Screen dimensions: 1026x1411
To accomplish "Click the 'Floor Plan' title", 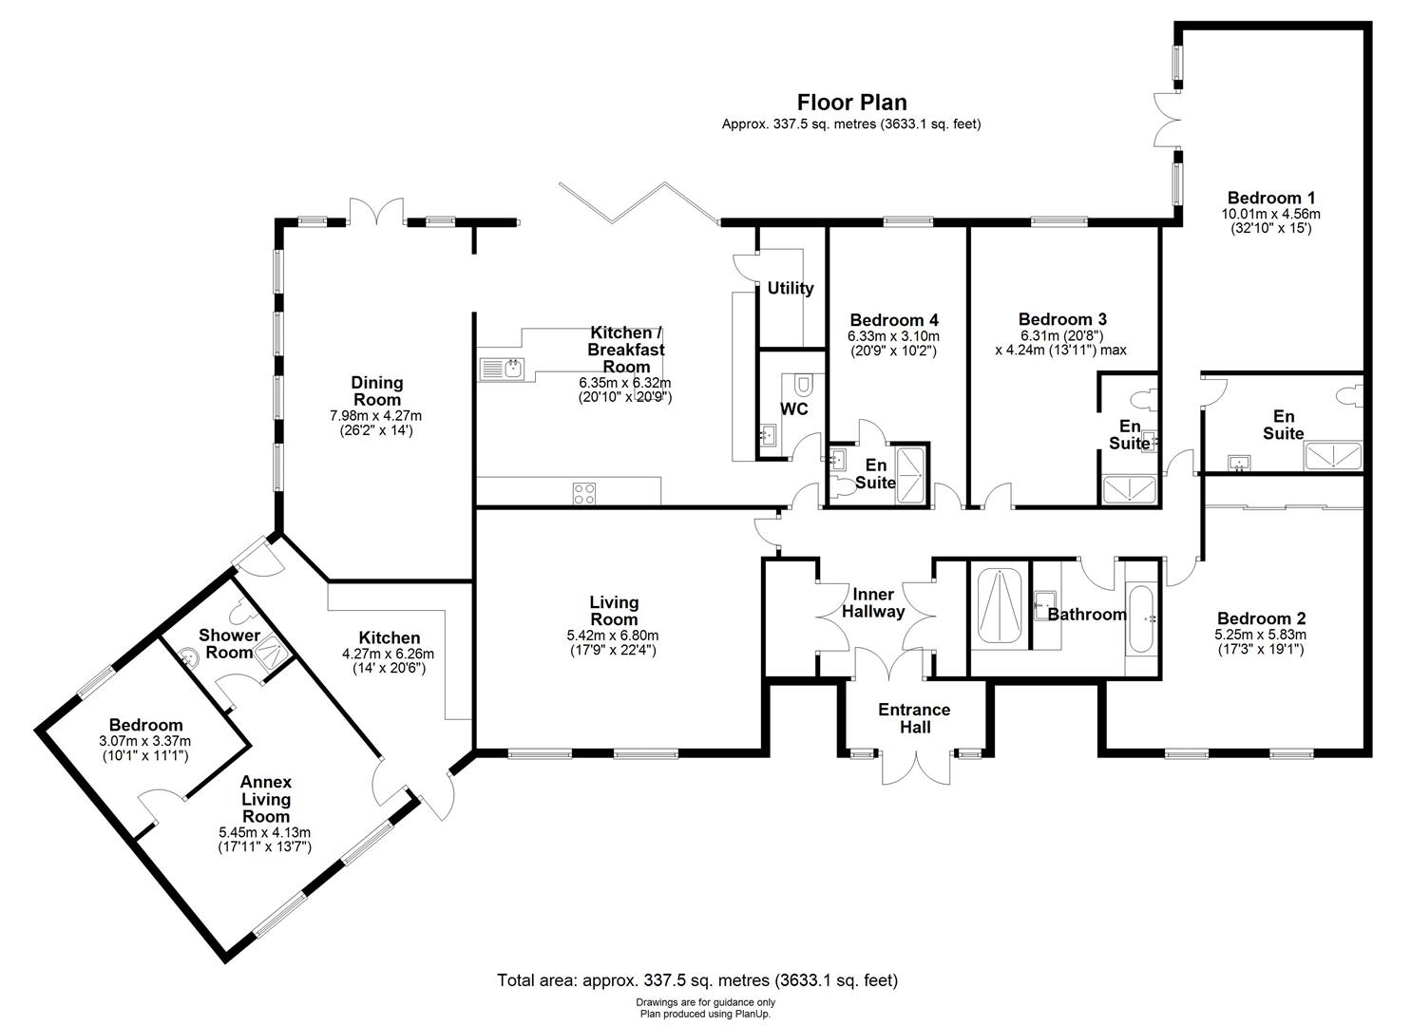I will (851, 102).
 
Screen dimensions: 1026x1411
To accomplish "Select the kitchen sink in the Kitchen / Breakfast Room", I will (501, 368).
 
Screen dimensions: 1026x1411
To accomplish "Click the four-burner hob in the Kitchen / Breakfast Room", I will (584, 493).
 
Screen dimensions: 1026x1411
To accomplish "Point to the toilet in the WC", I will (803, 385).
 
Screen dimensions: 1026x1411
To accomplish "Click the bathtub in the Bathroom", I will (1139, 618).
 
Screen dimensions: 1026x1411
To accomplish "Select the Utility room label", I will (791, 288).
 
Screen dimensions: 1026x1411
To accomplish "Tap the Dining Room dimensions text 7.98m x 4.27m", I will (375, 416).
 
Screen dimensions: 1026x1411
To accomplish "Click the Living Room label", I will (614, 611).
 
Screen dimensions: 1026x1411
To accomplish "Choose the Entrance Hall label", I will (913, 718).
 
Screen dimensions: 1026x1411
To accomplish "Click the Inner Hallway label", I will (872, 603).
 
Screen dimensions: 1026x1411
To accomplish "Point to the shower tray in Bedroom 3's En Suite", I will (1129, 489).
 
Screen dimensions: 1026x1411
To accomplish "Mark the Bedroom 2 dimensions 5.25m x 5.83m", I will (1260, 635).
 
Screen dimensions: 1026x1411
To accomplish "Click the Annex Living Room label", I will (265, 799).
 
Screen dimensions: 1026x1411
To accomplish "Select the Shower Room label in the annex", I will (229, 643).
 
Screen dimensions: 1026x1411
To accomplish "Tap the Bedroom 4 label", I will (893, 319).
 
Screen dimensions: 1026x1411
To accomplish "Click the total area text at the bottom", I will (697, 979).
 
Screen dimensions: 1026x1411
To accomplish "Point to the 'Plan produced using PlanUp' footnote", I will (705, 1014).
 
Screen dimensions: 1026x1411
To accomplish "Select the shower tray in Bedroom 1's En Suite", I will (1332, 457).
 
